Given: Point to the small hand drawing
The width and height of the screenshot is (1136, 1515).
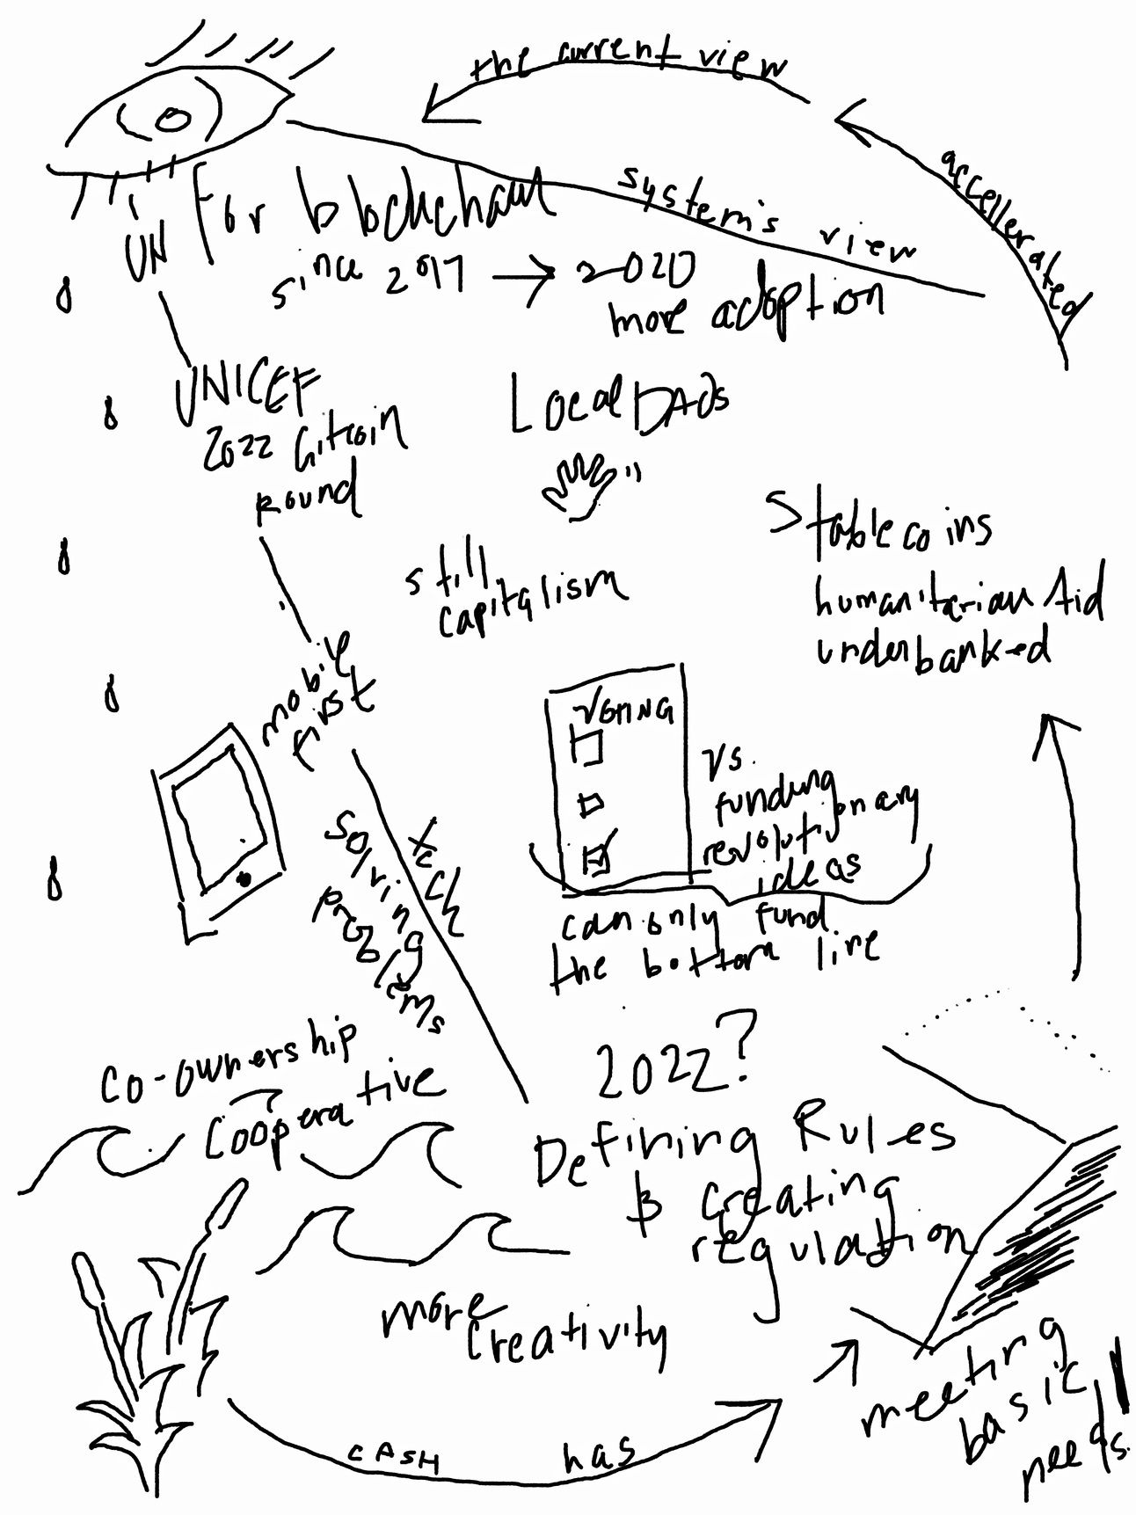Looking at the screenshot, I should tap(580, 483).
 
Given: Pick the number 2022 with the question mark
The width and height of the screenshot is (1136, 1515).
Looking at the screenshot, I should tap(673, 1067).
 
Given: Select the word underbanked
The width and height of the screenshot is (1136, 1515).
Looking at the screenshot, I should tap(933, 651).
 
